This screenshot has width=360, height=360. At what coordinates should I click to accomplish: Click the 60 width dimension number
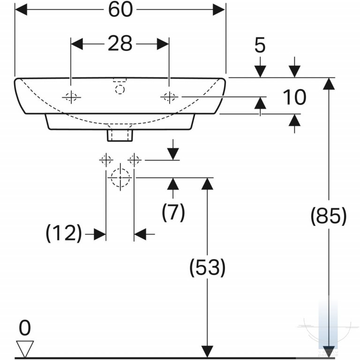120,10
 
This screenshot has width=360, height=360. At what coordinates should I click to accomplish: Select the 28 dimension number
120,43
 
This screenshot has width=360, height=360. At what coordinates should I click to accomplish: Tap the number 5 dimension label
260,45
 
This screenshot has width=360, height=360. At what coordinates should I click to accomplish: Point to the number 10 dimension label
294,97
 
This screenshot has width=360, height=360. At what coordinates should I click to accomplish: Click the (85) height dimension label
328,216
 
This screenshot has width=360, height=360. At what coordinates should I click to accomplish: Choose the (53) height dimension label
207,268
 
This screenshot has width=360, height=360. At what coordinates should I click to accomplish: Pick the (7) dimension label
173,212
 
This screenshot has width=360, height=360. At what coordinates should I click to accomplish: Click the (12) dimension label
64,233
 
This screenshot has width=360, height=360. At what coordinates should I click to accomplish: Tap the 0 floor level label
25,328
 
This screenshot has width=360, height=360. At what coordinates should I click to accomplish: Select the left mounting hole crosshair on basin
71,97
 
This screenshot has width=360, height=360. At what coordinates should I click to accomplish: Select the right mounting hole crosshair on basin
169,97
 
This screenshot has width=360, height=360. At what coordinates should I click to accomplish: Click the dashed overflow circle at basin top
120,90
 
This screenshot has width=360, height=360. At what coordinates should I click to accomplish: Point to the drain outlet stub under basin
120,135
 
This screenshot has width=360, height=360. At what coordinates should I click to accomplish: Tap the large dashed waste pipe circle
120,178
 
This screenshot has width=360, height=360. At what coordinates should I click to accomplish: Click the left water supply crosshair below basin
106,160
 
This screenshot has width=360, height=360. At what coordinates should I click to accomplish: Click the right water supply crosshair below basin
135,160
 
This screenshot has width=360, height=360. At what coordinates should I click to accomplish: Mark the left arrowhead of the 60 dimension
21,10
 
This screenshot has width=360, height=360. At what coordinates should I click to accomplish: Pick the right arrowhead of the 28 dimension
163,44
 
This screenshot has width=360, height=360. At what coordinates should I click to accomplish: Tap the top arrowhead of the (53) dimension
207,184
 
